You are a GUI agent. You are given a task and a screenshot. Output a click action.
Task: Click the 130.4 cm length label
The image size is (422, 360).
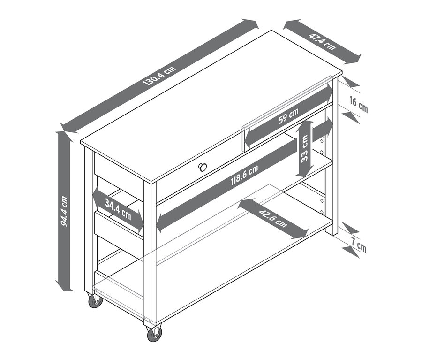click(159, 76)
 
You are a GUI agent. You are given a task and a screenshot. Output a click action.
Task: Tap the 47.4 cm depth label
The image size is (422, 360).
click(322, 41)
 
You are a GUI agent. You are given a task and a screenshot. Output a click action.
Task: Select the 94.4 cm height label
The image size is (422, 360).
click(64, 211)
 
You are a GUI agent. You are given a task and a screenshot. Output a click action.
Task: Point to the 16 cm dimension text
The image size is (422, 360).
click(359, 105)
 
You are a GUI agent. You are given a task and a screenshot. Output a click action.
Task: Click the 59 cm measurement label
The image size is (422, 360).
click(288, 115)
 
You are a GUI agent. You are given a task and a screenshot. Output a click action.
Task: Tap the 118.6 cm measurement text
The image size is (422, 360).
click(244, 175)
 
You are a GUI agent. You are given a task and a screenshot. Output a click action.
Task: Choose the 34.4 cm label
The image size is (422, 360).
click(118, 209)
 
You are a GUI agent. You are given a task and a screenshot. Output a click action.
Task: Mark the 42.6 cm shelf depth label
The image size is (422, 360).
click(273, 218)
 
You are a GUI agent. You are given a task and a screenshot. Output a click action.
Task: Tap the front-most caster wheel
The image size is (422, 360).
click(154, 334)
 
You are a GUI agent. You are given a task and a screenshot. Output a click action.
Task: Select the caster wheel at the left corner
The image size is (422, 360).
click(96, 301)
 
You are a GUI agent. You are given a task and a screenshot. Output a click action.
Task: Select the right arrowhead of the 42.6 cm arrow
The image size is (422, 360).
click(301, 234)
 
